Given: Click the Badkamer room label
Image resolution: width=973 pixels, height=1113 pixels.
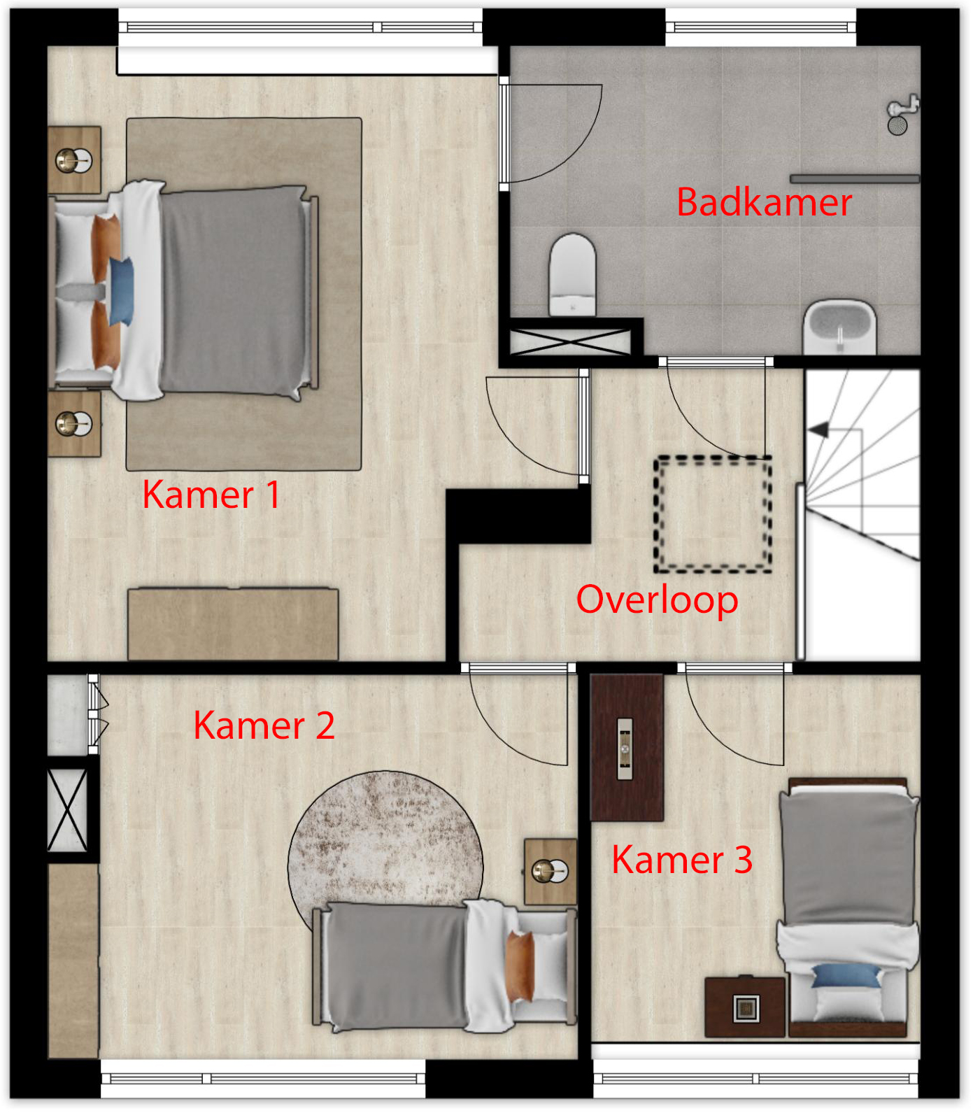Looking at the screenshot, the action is point(764,202).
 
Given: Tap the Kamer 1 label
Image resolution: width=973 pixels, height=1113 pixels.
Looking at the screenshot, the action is point(211,495).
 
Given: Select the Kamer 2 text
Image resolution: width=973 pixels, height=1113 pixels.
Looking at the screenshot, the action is point(264,725).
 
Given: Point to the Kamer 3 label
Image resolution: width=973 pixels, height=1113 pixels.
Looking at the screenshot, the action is point(682,859).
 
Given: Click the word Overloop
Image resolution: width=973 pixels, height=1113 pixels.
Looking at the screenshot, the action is point(657,600).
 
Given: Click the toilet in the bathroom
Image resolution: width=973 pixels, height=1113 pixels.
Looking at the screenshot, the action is point(572,274).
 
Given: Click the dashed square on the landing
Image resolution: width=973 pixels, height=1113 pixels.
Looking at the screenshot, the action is point(713,514).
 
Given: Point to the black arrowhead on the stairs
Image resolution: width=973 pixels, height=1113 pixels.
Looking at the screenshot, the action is point(818,430).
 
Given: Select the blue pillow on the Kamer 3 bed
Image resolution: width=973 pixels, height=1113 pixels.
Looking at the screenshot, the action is point(846,975).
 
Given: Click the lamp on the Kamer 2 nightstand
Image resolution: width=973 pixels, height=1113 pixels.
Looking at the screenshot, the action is point(550,871).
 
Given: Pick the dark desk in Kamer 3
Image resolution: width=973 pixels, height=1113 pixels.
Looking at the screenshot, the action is point(627,747).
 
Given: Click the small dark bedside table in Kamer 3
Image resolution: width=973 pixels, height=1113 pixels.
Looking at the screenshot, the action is point(745,1007).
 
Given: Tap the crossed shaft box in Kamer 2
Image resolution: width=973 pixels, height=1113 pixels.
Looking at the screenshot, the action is point(67,810).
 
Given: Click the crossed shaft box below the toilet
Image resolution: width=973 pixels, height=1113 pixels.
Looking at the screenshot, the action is point(570,341).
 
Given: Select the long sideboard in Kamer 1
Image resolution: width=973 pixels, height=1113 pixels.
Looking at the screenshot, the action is point(233,624).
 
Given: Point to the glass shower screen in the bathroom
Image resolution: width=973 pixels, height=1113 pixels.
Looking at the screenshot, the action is point(855,179).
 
